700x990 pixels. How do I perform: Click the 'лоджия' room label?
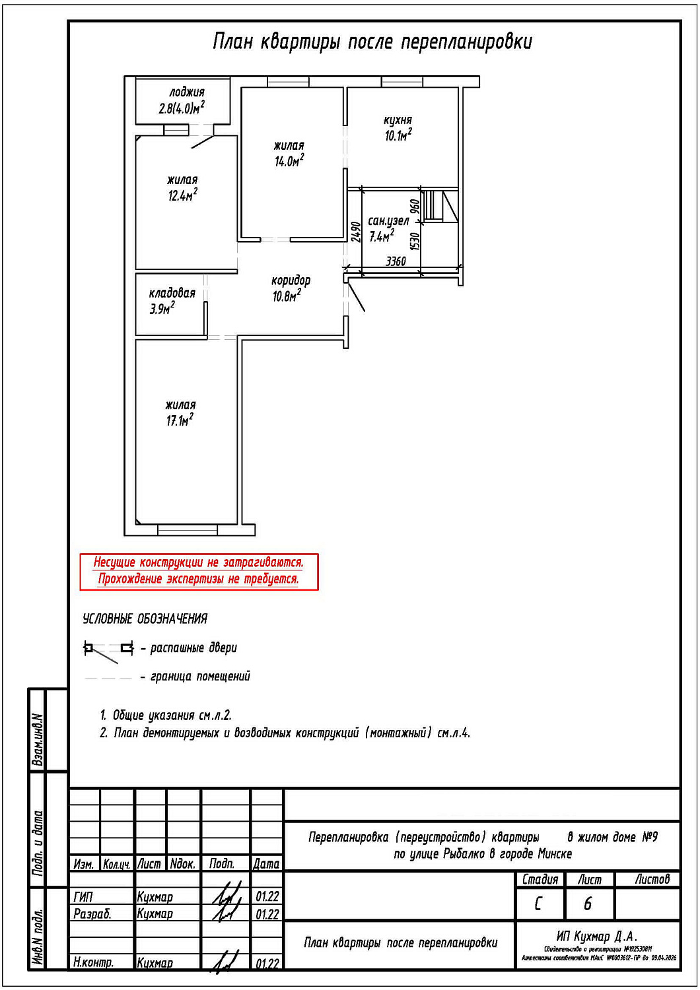[186, 92]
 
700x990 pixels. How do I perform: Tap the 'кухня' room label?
[398, 120]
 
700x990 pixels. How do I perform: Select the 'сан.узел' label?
[388, 221]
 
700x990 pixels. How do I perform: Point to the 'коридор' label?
[291, 280]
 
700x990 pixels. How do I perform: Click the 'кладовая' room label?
[172, 293]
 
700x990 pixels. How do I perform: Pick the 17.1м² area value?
[180, 420]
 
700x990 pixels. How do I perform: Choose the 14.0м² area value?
[289, 161]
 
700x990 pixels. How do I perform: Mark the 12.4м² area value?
[182, 195]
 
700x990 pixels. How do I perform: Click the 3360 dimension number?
[396, 261]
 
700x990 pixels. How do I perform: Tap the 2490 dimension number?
[356, 232]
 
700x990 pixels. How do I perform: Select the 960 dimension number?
[415, 205]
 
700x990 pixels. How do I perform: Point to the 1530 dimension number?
[415, 241]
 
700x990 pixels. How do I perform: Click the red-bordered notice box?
[199, 572]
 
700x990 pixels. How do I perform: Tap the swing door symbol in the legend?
[108, 649]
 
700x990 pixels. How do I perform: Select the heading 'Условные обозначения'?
[145, 619]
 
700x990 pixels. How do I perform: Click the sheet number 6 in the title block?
[588, 904]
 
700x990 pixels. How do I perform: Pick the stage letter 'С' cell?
[538, 904]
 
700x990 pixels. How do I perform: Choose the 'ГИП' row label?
[83, 897]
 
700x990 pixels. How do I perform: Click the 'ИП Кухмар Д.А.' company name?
[596, 937]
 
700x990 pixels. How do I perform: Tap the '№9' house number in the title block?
[650, 837]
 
